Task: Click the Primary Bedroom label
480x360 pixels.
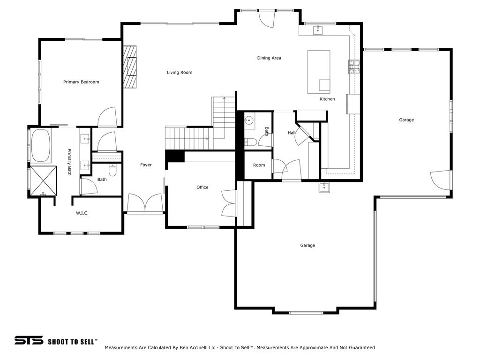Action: coord(81,82)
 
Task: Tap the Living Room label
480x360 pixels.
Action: coord(180,73)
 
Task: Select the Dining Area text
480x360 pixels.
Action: coord(269,58)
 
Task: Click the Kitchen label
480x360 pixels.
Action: coord(327,99)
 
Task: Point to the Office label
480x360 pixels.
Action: coord(202,187)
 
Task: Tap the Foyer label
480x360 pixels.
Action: coord(146,165)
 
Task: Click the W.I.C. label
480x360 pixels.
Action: coord(82,213)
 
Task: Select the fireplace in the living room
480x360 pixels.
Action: coord(130,67)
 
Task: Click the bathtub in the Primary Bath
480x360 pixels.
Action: coord(41,146)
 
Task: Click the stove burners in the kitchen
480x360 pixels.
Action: coord(354,67)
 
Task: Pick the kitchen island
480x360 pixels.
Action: coord(319,72)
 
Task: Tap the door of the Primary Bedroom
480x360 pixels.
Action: coord(107,117)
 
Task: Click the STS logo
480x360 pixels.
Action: coord(29,340)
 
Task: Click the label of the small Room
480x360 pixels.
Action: coord(259,165)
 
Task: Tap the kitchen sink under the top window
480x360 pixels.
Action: coord(318,30)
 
